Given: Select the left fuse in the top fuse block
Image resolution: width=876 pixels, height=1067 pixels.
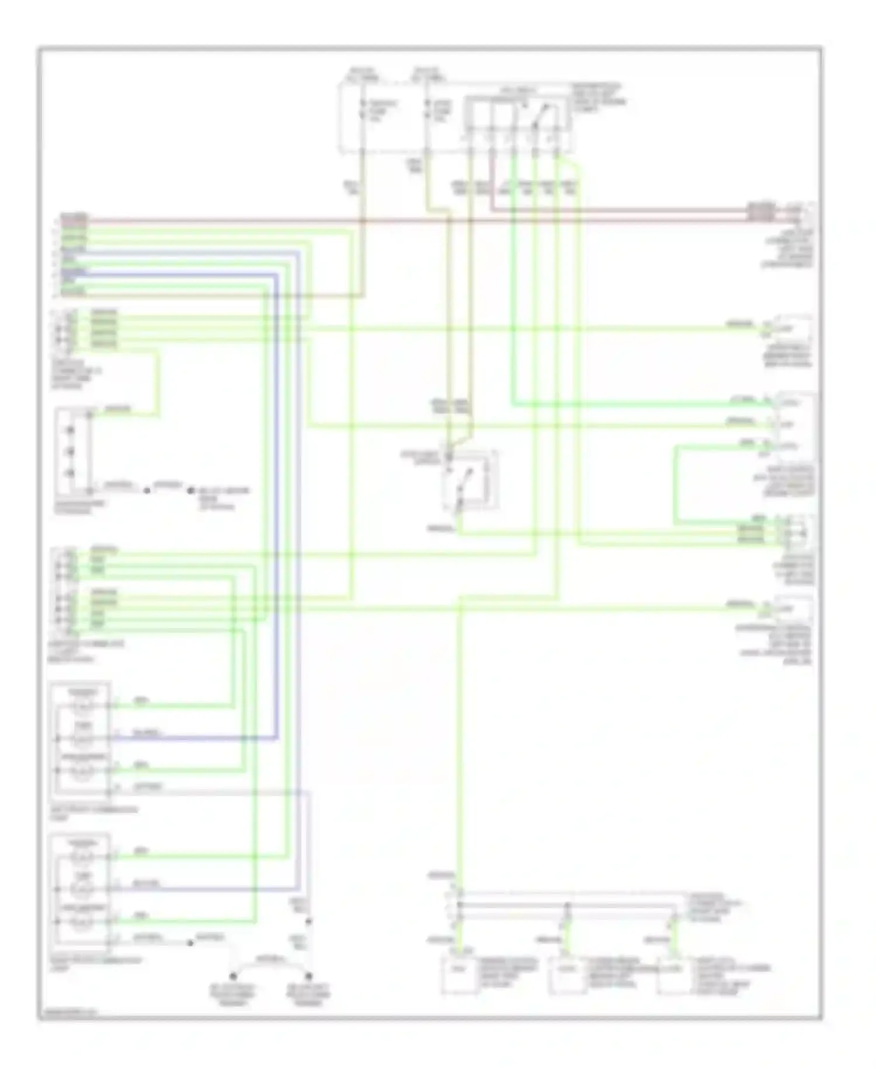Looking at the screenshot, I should (363, 109).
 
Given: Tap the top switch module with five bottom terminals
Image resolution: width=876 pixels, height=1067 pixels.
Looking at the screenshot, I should (517, 117).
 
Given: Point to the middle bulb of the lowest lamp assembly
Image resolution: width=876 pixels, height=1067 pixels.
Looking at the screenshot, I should (82, 889).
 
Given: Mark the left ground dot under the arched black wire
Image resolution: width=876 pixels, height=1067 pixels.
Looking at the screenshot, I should (232, 975).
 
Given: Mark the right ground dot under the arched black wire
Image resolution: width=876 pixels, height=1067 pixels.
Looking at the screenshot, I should (308, 975).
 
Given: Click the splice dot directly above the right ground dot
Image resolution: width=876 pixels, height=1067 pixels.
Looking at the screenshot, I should (308, 922).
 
